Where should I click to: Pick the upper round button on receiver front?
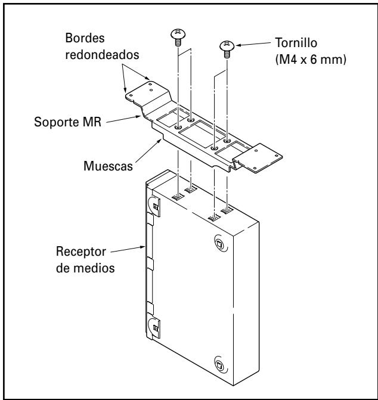219,243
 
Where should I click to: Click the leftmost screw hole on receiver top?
178,195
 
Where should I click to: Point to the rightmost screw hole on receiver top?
227,211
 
